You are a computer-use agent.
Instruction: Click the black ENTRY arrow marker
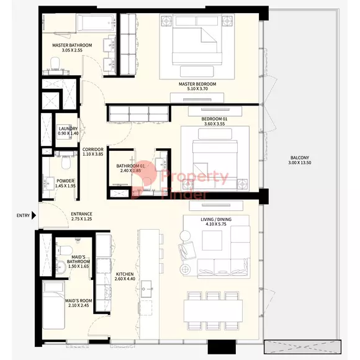34,215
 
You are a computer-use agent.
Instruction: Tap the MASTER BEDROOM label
197,84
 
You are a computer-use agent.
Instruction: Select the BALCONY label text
300,158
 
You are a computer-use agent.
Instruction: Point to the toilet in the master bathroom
55,64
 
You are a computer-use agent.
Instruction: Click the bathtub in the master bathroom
97,22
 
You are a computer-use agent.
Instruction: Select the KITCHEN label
125,274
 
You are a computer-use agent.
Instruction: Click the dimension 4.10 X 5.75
216,224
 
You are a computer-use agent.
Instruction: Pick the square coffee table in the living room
212,240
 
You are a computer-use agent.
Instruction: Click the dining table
213,311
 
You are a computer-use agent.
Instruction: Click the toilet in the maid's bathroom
65,250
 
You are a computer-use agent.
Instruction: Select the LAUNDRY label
68,128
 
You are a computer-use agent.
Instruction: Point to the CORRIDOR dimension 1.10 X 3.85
93,154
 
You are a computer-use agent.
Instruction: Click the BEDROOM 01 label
214,119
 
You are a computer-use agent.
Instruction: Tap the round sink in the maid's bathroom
61,266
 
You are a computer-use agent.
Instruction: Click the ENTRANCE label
81,214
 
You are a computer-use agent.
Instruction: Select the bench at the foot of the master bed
197,71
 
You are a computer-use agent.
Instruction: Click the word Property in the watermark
195,177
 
